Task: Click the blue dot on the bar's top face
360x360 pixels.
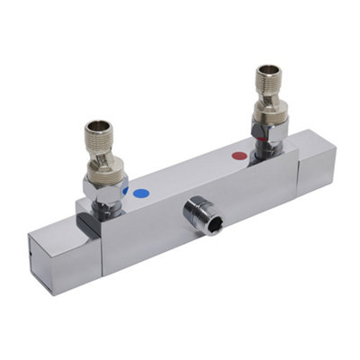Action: (x=139, y=192)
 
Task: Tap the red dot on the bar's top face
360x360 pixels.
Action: (x=238, y=157)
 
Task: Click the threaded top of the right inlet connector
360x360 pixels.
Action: (x=268, y=78)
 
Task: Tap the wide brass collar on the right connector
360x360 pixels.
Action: (x=270, y=112)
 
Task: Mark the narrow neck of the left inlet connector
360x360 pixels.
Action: (x=106, y=150)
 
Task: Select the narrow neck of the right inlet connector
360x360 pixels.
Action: (x=268, y=94)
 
